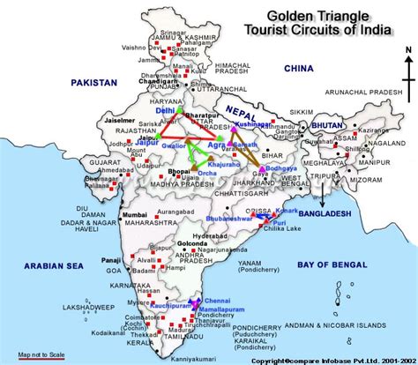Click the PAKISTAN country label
[x=88, y=81]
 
